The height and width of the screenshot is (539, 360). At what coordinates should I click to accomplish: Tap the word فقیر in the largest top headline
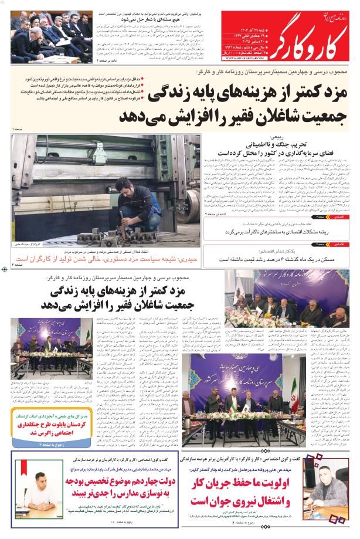(232, 116)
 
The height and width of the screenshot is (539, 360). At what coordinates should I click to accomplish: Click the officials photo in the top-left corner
(47, 32)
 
